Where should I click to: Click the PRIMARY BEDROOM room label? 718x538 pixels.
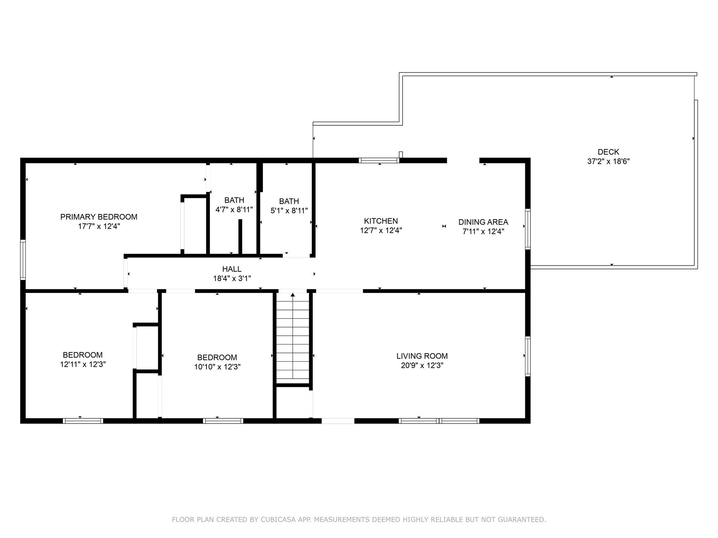coord(99,217)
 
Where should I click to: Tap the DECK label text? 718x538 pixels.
coord(608,152)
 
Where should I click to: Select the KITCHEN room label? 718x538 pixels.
coord(381,221)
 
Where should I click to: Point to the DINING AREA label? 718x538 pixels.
coord(483,222)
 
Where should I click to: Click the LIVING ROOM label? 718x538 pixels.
coord(422,356)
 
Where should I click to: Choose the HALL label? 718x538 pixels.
coord(232,269)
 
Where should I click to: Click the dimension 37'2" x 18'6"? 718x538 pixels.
coord(608,161)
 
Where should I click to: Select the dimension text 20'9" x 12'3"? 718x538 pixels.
coord(422,365)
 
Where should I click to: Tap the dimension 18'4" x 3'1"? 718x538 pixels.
coord(232,278)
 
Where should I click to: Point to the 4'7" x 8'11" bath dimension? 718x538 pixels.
coord(234,209)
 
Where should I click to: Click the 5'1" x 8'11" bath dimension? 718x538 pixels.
coord(289,211)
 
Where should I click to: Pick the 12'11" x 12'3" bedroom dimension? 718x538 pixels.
coord(83,364)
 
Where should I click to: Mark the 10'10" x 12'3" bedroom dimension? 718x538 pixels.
coord(217,367)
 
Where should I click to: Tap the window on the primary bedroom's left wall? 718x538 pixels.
coord(23,260)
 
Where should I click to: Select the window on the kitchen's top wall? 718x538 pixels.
coord(379,160)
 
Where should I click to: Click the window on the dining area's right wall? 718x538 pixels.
coord(528,229)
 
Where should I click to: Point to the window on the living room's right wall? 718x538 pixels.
coord(528,356)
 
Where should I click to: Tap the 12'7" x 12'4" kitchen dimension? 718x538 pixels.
coord(381,230)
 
